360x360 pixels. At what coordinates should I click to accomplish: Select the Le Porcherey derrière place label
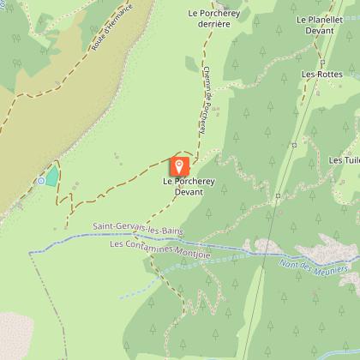(209, 20)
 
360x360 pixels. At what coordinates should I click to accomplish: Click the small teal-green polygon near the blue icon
(52, 176)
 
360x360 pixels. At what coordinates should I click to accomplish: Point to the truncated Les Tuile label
(345, 160)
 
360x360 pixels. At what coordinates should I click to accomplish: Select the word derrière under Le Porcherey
(209, 26)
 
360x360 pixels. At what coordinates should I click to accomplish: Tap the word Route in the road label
(93, 53)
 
